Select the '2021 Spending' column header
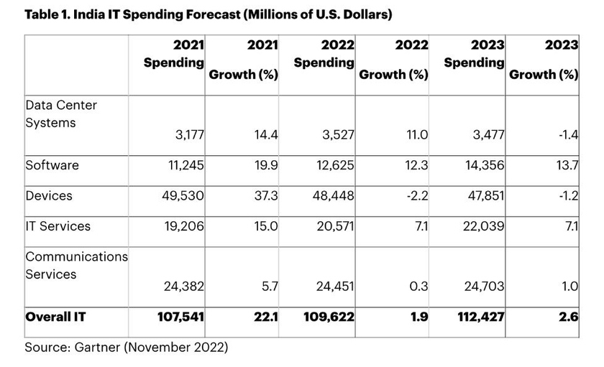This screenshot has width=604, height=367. click(x=173, y=54)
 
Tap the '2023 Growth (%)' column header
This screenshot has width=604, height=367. click(x=544, y=60)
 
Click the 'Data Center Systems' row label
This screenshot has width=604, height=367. click(x=61, y=113)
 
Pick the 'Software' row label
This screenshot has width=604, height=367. click(x=52, y=165)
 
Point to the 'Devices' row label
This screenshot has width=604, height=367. click(x=48, y=195)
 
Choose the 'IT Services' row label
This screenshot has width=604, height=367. click(x=58, y=226)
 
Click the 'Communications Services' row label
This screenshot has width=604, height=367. click(x=76, y=265)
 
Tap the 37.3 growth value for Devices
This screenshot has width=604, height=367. click(x=264, y=196)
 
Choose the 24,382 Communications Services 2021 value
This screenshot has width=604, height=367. click(x=183, y=287)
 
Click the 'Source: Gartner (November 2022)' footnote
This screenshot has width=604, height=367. click(x=127, y=348)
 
